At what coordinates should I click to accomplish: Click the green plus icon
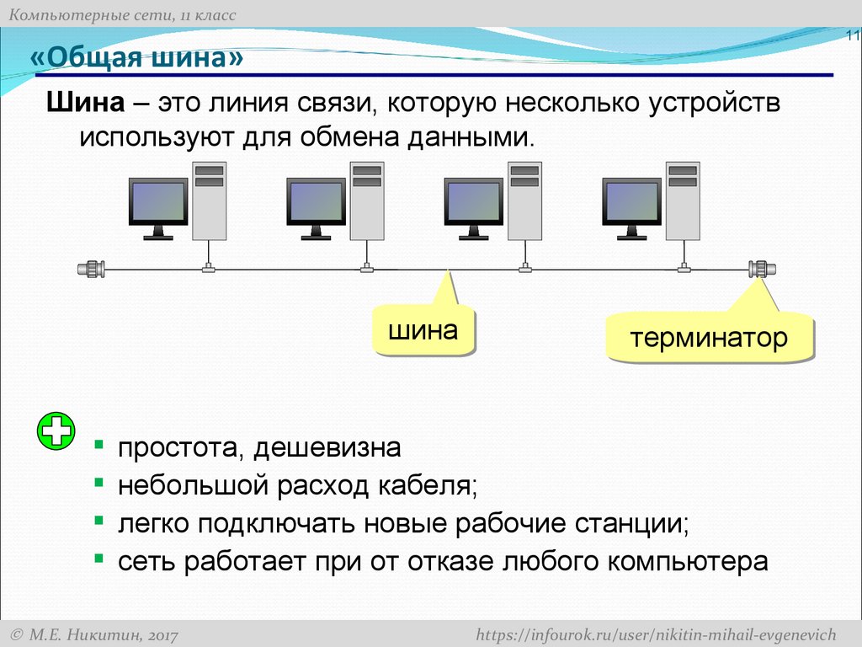click(56, 433)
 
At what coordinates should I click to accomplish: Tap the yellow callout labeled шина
click(423, 330)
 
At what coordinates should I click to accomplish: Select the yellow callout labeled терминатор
click(709, 339)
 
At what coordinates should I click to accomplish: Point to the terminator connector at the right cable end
click(762, 270)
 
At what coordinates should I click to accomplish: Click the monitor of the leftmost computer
click(157, 204)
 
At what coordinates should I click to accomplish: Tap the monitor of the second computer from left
click(316, 204)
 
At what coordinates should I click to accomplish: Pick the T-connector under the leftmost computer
click(208, 269)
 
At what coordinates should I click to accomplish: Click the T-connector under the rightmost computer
click(683, 269)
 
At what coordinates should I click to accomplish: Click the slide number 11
click(853, 36)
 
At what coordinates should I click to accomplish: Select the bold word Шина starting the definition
click(84, 104)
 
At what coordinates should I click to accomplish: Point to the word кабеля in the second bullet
click(428, 485)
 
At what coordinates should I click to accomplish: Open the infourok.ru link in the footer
click(656, 634)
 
